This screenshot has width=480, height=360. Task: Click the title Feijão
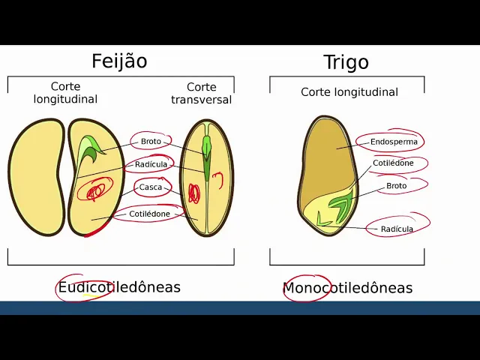point(119,61)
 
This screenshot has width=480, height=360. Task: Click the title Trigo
point(346,62)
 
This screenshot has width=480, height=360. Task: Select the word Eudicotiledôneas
point(119,287)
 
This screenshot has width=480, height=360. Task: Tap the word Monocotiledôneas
point(347,288)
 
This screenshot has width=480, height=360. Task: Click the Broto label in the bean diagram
point(151,141)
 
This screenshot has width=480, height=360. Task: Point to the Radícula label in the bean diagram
point(151,164)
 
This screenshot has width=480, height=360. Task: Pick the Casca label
point(151,187)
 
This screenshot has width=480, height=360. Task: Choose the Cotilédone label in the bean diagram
point(149,214)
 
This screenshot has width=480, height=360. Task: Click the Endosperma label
point(393,141)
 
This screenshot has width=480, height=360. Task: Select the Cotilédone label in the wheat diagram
point(393,163)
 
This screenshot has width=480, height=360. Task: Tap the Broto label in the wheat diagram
point(396,185)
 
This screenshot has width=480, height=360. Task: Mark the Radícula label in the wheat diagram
point(397,229)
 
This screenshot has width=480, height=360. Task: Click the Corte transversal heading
point(201,93)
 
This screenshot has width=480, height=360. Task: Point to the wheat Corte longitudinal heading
point(349,92)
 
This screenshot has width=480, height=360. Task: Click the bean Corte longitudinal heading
point(65,93)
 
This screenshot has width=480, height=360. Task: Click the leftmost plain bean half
point(35,176)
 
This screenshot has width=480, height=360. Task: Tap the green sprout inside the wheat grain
point(341,205)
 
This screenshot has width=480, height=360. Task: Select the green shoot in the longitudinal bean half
point(91,148)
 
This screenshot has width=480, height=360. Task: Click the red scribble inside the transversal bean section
point(193,193)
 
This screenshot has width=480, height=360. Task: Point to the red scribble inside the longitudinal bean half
point(96,190)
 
